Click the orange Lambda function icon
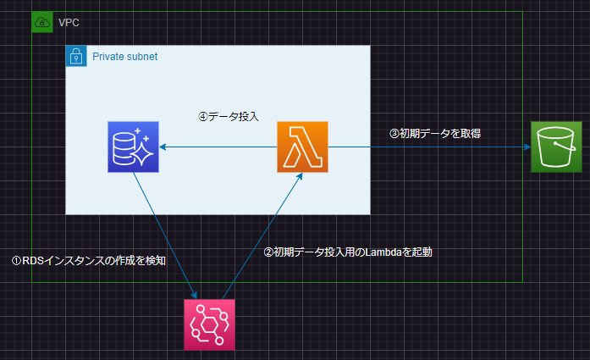302,147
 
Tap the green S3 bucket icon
556,147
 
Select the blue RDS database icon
134,147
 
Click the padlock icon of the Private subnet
76,56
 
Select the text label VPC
69,21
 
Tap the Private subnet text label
124,56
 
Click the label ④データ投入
228,117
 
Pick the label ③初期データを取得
435,133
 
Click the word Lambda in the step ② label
382,252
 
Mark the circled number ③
394,133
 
